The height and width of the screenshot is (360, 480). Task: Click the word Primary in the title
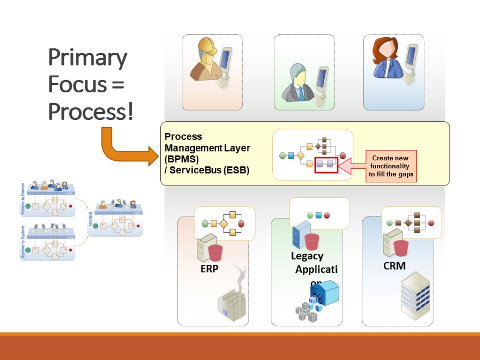pos(88,58)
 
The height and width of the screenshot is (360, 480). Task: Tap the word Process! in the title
pos(91,112)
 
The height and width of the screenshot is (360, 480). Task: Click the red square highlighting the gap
pos(326,165)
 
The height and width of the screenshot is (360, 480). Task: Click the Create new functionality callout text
pos(390,166)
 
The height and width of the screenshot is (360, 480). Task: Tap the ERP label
pos(209,269)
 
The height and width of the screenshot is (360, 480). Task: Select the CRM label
pos(394,266)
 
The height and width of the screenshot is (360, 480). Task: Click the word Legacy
pos(307,256)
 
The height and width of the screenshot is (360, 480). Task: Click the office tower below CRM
pos(415,296)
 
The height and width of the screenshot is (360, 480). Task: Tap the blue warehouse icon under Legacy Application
pos(325,293)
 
